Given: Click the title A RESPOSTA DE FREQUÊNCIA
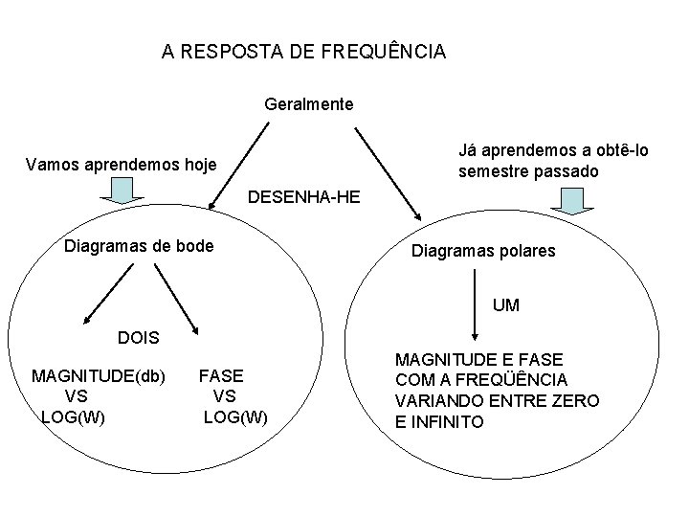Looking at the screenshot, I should [x=303, y=52].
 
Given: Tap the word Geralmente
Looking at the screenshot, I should [x=308, y=102].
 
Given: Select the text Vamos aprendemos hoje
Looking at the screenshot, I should [x=122, y=164].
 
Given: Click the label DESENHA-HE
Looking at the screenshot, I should [x=303, y=198].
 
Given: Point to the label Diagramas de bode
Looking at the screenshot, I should [x=138, y=246].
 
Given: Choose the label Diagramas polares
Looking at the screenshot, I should [x=482, y=252].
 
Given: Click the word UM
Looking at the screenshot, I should [x=506, y=305].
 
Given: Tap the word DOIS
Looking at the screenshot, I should [x=139, y=338].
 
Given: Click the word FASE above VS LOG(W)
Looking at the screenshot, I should [x=221, y=375].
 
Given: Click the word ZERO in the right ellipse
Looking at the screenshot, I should [x=576, y=400].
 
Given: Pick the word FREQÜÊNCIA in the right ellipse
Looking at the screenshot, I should [x=521, y=379].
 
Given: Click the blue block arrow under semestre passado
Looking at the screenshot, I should [x=571, y=200].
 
